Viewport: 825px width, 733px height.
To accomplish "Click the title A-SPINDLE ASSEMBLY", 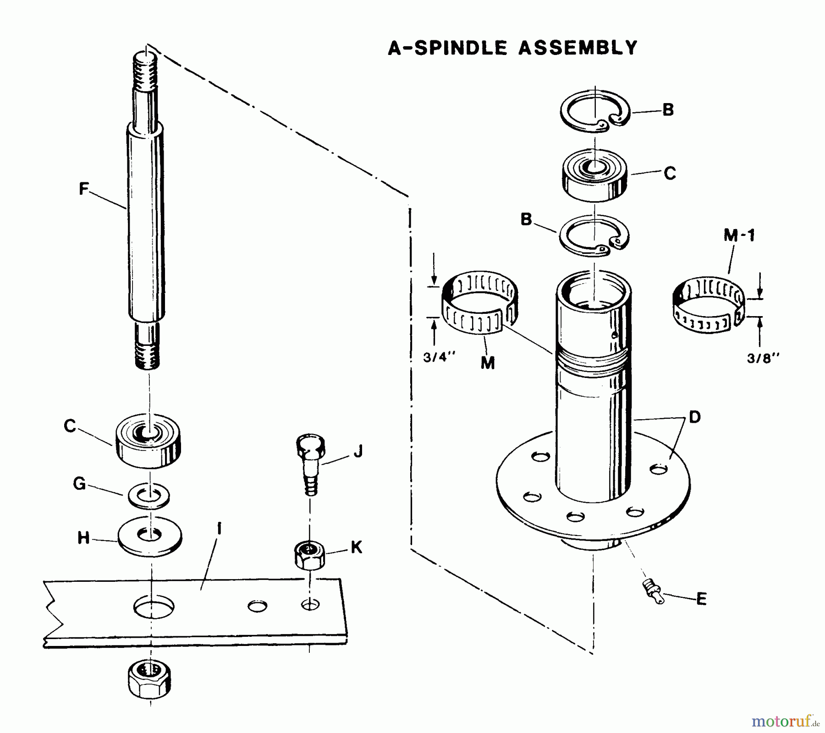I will pyautogui.click(x=512, y=48).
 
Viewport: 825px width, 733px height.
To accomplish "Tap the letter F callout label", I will pyautogui.click(x=83, y=189).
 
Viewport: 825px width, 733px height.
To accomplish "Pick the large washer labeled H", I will pyautogui.click(x=150, y=536).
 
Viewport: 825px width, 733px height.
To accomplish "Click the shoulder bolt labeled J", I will pyautogui.click(x=311, y=463).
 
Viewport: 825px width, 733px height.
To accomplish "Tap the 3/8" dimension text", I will pyautogui.click(x=763, y=358).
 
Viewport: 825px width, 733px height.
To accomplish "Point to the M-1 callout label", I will pyautogui.click(x=739, y=235).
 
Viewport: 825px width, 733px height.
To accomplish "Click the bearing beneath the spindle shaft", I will pyautogui.click(x=148, y=441).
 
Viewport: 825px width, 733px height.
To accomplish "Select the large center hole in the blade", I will pyautogui.click(x=154, y=607).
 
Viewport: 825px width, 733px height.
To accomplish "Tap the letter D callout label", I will pyautogui.click(x=694, y=417).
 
